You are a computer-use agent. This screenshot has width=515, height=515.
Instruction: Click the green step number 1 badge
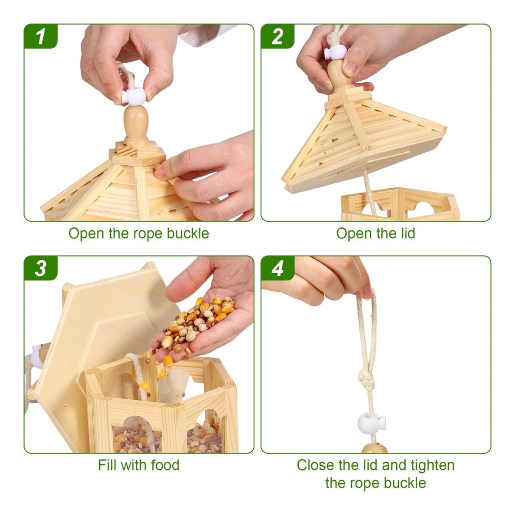pos(40,36)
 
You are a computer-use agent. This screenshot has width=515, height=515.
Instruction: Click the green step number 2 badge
pos(277,36)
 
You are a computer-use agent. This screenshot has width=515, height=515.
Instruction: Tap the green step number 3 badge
pos(40,268)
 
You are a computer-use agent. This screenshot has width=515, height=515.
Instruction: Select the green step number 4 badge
pos(277,268)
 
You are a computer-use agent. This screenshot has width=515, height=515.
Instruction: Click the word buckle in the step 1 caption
pos(188,233)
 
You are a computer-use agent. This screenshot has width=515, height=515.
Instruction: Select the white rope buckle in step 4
pos(371,424)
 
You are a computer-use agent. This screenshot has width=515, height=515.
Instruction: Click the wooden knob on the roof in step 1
pos(136,126)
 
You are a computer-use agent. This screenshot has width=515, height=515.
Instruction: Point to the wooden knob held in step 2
pos(341,75)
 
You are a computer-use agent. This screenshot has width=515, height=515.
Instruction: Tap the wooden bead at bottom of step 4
pos(375,448)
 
